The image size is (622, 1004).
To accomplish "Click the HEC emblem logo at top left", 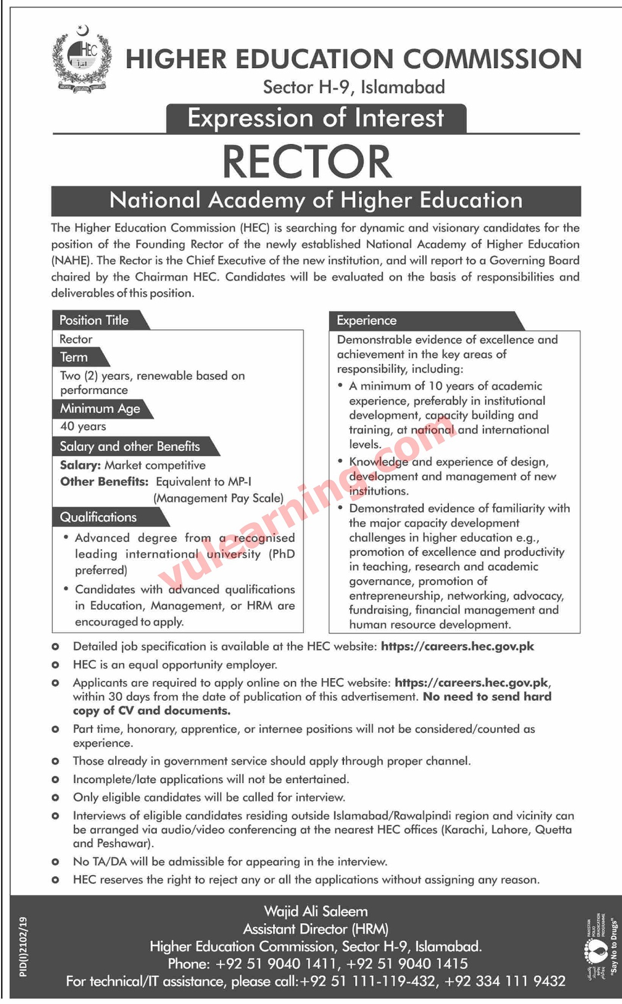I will tap(82, 59).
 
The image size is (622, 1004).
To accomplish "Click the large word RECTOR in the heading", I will tap(307, 161).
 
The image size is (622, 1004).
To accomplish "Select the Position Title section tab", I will tap(94, 320).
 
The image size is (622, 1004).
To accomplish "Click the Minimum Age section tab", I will tap(100, 409).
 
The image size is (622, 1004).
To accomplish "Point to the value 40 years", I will tap(83, 426).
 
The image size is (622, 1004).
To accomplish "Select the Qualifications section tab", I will tap(98, 517).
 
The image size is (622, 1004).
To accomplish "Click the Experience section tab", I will tap(367, 320).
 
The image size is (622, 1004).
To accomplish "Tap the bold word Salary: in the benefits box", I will tap(80, 465).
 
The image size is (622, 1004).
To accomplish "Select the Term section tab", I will tap(74, 357).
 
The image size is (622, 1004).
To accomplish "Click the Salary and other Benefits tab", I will tap(130, 447).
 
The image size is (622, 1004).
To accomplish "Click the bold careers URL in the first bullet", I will tap(457, 646).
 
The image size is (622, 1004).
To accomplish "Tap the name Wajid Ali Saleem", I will tap(315, 911).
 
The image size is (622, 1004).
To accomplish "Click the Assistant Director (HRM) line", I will tap(315, 929).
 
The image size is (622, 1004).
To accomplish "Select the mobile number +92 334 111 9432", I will tap(505, 981).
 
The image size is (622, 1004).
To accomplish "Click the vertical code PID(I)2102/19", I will tap(23, 947).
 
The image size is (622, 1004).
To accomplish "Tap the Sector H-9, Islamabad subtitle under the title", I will tap(354, 87).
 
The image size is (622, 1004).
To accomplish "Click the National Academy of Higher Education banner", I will tap(316, 201).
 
